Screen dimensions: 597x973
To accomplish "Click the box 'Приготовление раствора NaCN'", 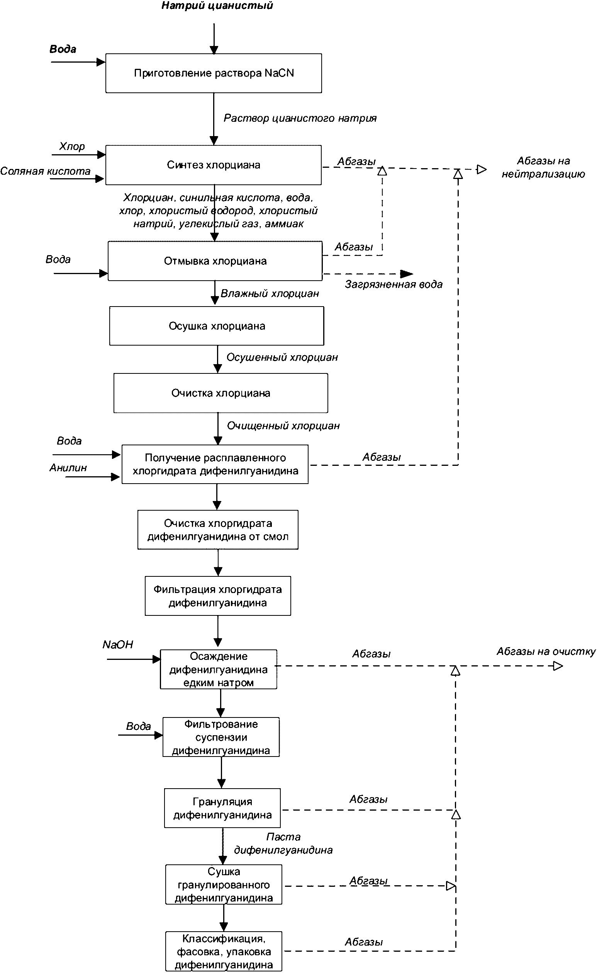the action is coord(214,73).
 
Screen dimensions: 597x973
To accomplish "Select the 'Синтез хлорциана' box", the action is coord(213,165).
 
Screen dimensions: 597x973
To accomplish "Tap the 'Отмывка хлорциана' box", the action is coord(215,261).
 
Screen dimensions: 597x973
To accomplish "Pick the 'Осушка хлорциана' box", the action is coord(217,326).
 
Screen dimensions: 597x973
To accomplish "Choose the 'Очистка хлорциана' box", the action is coord(221,393).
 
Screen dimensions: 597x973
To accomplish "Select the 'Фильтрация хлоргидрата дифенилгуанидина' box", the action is coord(218,596).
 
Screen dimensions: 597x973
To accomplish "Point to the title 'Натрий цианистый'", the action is coord(217,5).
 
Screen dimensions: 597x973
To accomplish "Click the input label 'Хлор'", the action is coord(72,147).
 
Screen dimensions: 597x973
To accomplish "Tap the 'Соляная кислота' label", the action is coord(46,171).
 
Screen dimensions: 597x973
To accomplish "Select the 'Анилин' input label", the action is coord(68,468).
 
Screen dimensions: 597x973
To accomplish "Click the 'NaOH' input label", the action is coord(118,644).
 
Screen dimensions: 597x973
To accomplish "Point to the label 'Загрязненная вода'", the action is coord(393,285).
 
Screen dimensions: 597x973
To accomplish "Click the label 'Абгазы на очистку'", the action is coord(546,652).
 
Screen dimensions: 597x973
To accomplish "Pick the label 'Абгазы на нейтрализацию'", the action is coord(543,167).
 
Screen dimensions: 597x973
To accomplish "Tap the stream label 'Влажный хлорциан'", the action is coord(270,294).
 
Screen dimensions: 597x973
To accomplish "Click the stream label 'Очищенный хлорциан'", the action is coord(283,426).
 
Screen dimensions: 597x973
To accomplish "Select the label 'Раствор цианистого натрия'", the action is coord(300,118).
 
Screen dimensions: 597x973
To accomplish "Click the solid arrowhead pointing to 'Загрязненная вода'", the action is coord(407,273).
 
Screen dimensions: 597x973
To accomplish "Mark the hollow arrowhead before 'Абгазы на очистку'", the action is coord(558,666).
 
